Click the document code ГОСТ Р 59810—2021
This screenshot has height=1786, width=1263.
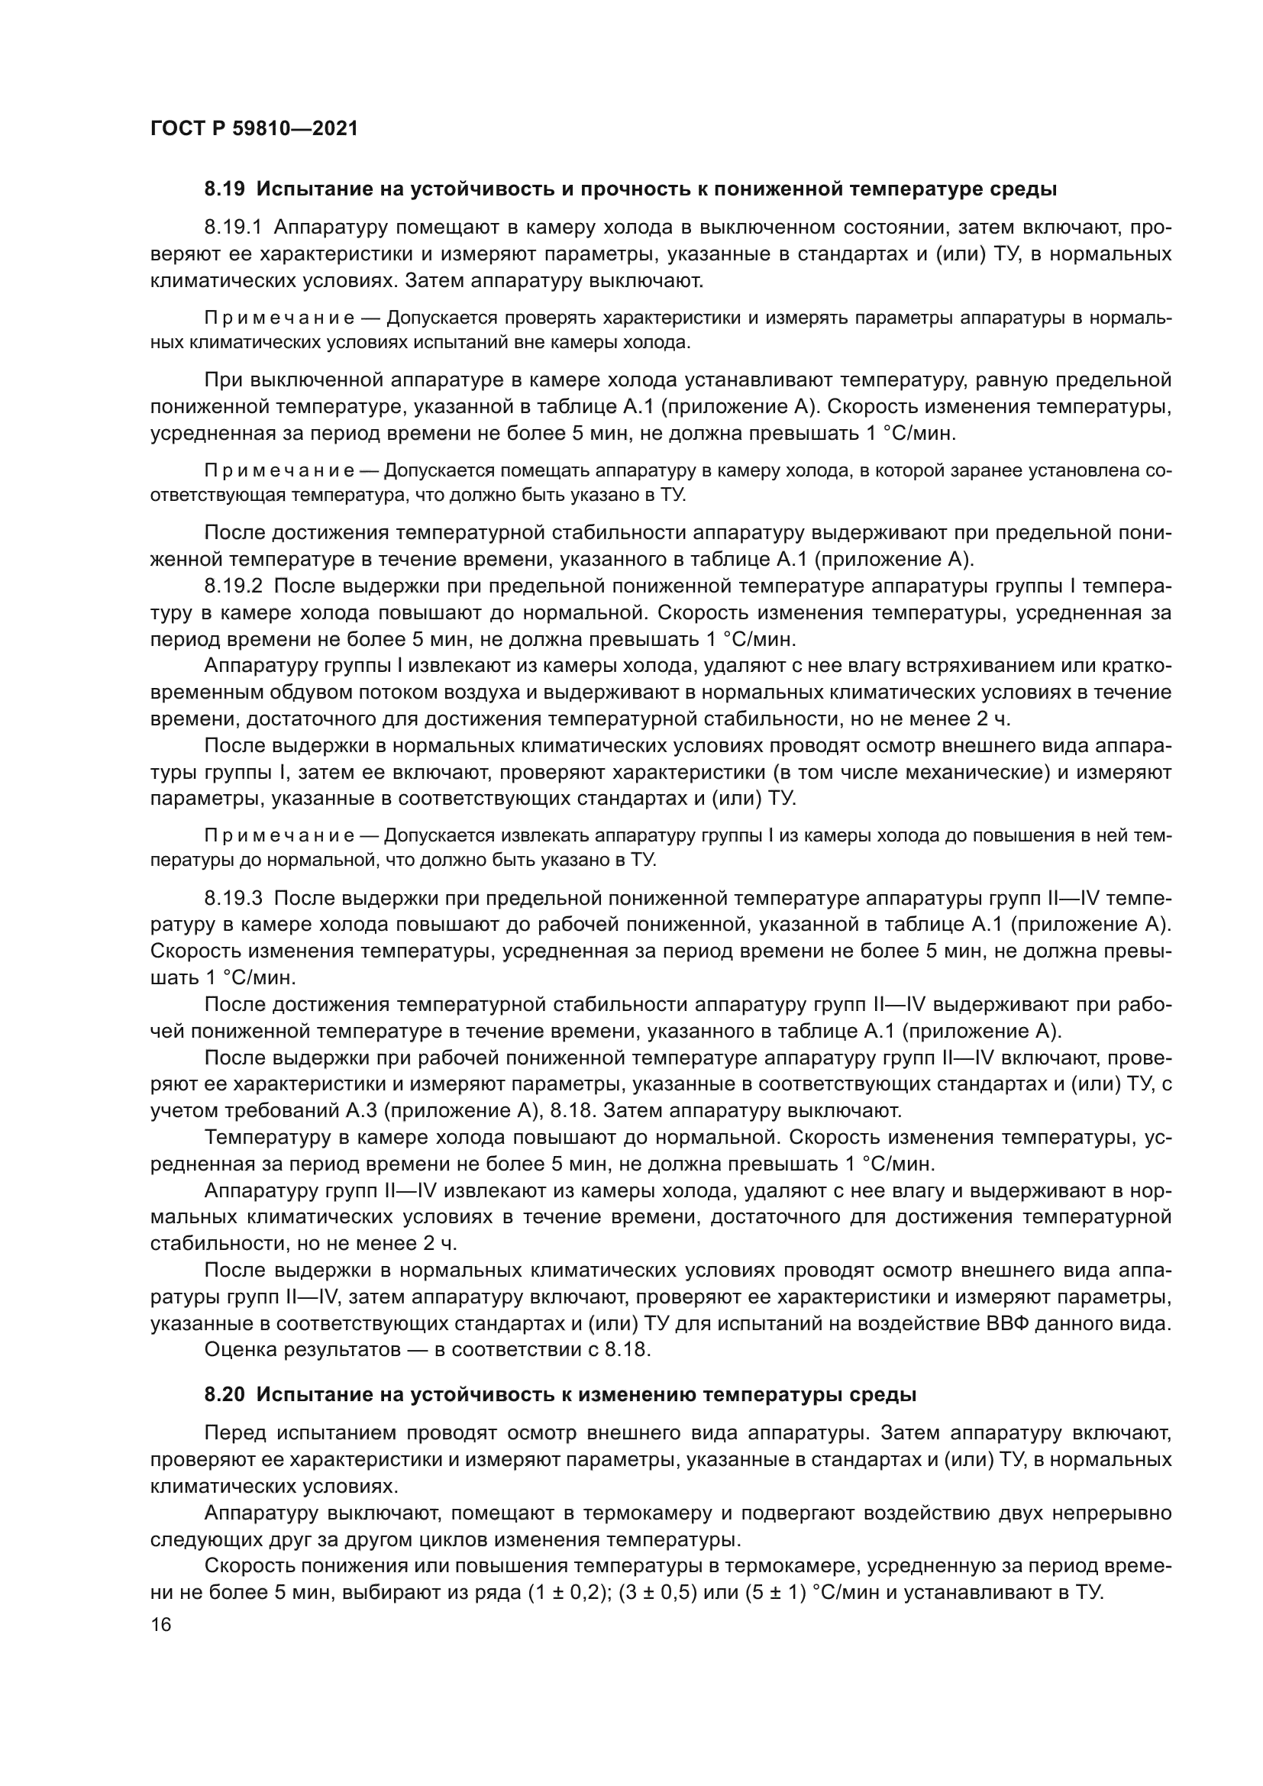point(254,129)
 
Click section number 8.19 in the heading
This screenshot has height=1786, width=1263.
point(224,189)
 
